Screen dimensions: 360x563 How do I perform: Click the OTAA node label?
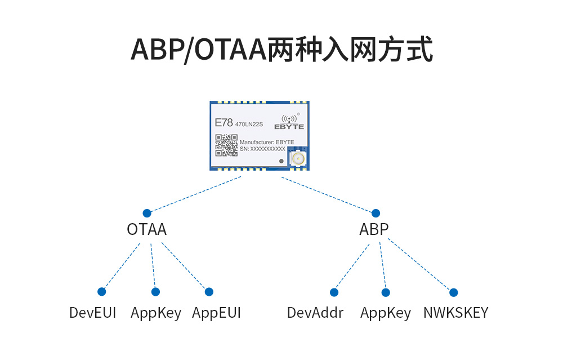coord(146,230)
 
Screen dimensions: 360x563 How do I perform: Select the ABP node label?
coord(374,230)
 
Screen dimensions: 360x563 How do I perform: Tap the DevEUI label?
coord(92,313)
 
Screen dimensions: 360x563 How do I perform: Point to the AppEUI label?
coord(216,313)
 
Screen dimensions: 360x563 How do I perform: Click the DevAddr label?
coord(315,313)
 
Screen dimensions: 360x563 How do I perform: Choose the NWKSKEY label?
coord(455,313)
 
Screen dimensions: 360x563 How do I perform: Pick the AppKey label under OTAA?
coord(156,313)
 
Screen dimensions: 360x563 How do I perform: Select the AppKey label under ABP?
coord(386,313)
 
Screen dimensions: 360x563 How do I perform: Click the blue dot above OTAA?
coord(147,213)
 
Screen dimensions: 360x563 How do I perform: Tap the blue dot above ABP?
coord(376,213)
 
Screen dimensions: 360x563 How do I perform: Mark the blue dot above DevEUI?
coord(102,291)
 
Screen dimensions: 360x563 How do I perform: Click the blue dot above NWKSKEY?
coord(454,292)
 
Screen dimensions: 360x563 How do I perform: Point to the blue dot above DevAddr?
coord(334,292)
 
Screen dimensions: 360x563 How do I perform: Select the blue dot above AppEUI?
coord(209,291)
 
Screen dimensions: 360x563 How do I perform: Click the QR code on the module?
coord(226,145)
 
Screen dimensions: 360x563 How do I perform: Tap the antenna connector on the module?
coord(297,158)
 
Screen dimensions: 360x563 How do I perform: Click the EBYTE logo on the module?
coord(289,122)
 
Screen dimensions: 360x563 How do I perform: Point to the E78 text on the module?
coord(224,122)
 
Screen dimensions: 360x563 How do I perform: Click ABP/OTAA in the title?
coord(198,50)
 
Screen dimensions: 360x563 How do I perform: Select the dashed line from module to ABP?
coord(328,194)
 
